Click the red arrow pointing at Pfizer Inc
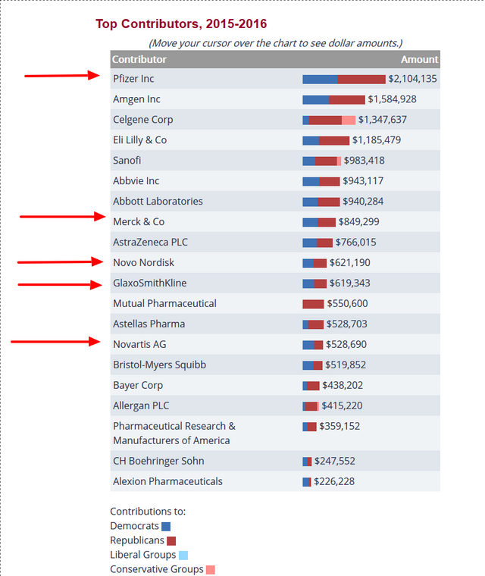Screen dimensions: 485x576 pos(62,76)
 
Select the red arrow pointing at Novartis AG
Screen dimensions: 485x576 pos(55,342)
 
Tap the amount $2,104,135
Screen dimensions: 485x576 pos(412,79)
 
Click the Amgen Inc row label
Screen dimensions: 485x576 pos(136,99)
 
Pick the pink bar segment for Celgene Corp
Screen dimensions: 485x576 pos(349,120)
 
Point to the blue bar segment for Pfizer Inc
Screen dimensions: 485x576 pos(320,80)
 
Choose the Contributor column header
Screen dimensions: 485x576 pos(139,59)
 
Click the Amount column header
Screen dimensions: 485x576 pos(420,59)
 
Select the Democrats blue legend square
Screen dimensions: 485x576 pos(166,527)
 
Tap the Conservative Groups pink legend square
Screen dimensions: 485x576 pos(211,570)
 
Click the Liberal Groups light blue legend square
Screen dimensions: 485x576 pos(183,555)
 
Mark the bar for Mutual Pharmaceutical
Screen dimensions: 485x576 pos(313,304)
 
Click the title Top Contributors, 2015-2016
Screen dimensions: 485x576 pos(181,24)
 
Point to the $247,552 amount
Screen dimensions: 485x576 pos(335,461)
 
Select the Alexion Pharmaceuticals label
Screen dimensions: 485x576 pos(167,481)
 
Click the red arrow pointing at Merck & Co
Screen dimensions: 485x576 pos(63,216)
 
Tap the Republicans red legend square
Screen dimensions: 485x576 pos(171,540)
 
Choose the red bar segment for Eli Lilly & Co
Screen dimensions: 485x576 pos(334,140)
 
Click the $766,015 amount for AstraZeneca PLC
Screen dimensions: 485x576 pos(355,242)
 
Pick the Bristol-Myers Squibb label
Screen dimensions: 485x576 pos(159,365)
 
